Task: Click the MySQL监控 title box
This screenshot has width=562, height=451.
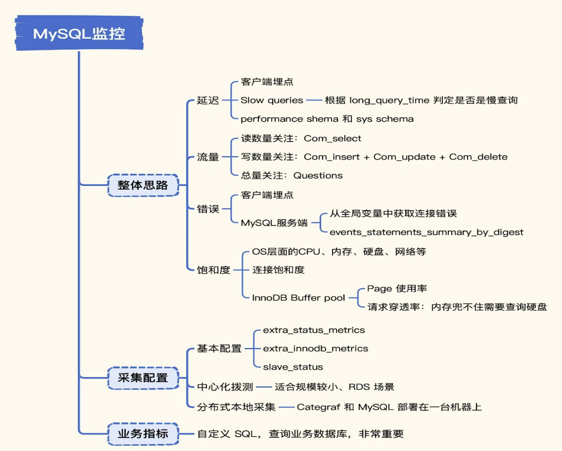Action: [79, 34]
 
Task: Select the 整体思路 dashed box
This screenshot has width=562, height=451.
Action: [143, 185]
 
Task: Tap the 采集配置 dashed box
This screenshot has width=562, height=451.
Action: [143, 378]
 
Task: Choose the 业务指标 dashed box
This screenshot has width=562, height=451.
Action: [143, 434]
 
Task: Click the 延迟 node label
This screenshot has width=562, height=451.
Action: [208, 100]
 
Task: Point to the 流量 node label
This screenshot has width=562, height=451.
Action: [208, 157]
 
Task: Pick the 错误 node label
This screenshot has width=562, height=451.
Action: [208, 209]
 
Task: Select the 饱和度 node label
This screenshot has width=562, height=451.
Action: [213, 270]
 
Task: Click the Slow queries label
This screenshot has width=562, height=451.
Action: [272, 100]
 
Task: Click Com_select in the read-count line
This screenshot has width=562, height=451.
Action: [333, 138]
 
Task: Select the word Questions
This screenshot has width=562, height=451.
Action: [318, 175]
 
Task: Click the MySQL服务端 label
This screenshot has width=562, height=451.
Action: [274, 223]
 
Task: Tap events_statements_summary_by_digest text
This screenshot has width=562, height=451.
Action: [426, 232]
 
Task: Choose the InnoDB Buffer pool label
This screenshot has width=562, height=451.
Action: [298, 298]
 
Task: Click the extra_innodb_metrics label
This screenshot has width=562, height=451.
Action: [315, 348]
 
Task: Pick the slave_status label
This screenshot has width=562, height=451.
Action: [293, 367]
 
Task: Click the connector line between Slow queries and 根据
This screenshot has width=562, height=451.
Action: [314, 100]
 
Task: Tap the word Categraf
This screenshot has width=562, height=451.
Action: [318, 407]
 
